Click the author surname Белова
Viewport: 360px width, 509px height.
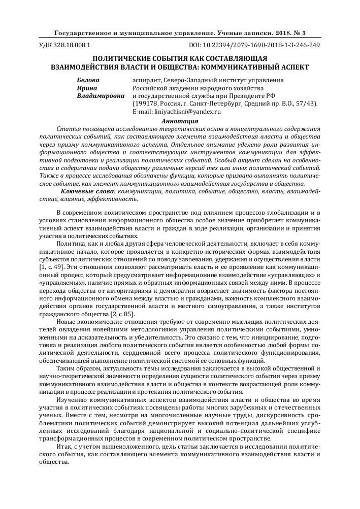88,80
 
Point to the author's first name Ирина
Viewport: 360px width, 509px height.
87,88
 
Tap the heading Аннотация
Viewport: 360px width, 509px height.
179,121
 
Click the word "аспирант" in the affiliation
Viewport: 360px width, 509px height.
147,80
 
